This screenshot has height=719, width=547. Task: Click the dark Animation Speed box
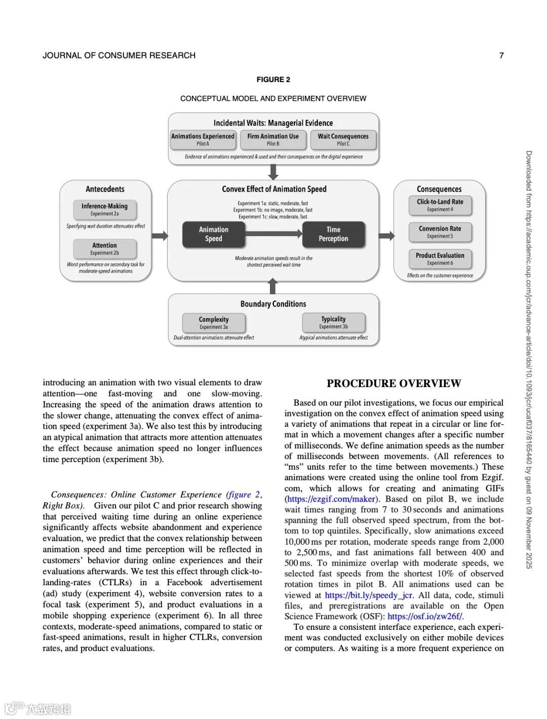point(213,234)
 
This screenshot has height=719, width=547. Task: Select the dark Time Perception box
point(333,234)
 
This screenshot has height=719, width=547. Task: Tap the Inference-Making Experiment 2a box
point(104,209)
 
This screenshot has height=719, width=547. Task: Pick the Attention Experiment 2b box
point(104,248)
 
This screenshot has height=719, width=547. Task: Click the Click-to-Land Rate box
point(440,205)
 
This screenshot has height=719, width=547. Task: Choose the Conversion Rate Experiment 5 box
point(440,232)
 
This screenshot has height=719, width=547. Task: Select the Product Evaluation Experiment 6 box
point(440,258)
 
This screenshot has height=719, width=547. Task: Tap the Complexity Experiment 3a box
point(214,323)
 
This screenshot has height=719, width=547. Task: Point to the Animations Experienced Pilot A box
point(203,139)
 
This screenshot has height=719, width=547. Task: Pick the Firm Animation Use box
point(273,139)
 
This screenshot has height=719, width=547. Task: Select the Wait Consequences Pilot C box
point(343,139)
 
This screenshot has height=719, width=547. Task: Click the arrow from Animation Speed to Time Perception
point(273,234)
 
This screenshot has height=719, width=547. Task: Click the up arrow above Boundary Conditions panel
point(273,287)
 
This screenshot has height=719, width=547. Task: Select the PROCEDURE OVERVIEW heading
point(394,384)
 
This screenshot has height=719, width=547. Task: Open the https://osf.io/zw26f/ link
point(424,617)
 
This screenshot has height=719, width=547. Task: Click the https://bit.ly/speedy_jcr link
point(369,595)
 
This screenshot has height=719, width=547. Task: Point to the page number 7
point(501,55)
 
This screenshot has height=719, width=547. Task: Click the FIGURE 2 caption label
point(273,80)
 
